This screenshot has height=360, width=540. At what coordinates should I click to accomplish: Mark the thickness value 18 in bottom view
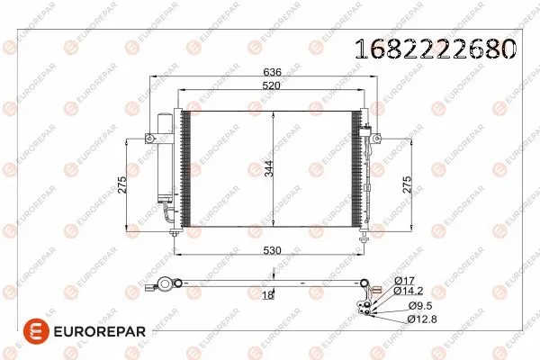(267, 296)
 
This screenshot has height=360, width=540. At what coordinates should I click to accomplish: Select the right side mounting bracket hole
(376, 139)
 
